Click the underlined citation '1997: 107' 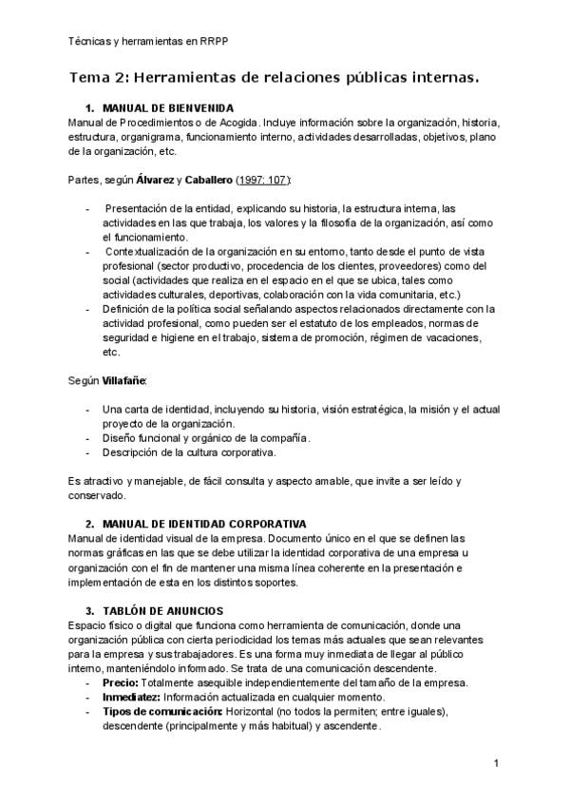click(265, 180)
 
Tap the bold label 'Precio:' click(120, 683)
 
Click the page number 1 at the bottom click(497, 764)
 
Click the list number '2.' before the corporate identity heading click(90, 523)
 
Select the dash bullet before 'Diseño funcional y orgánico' click(87, 437)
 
